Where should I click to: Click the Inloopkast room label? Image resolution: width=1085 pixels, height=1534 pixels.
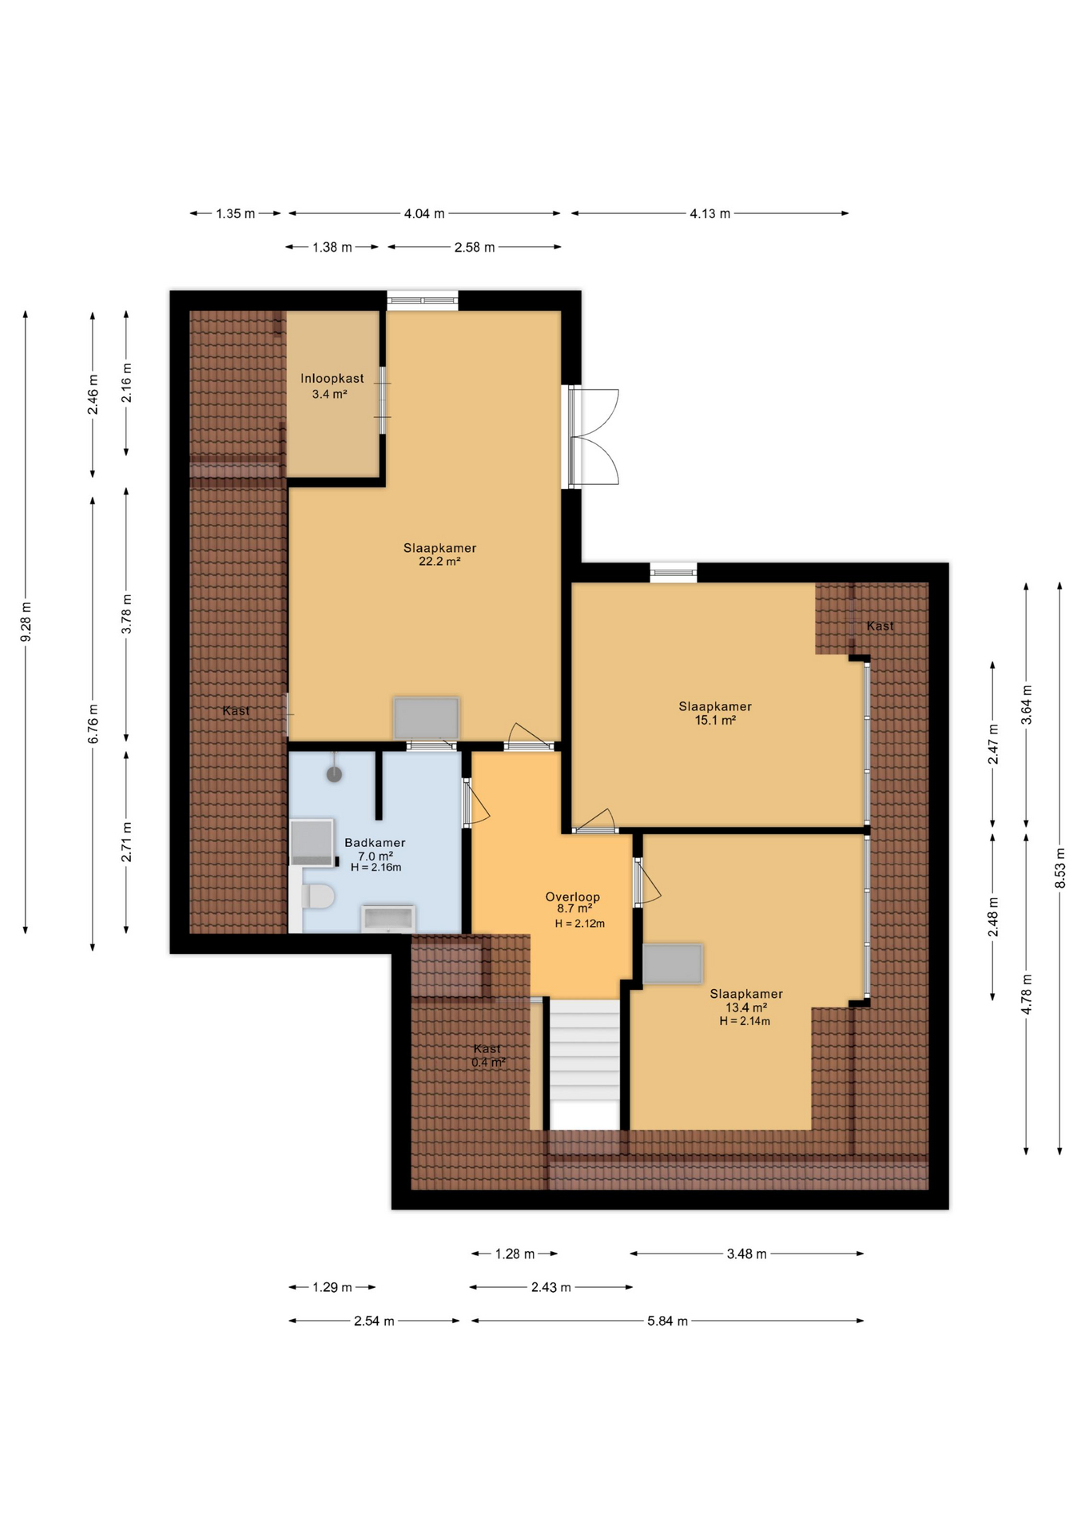click(x=332, y=379)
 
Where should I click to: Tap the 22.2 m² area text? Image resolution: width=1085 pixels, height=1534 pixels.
click(x=439, y=562)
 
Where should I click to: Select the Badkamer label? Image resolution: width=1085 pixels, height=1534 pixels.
click(x=375, y=843)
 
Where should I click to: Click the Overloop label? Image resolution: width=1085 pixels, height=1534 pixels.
click(x=573, y=897)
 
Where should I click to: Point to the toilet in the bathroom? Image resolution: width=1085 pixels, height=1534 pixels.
click(x=317, y=896)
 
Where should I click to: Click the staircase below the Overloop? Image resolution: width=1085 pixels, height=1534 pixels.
click(x=585, y=1063)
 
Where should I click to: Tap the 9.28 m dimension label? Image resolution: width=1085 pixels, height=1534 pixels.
click(x=26, y=622)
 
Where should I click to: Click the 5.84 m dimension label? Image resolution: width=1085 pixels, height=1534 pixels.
click(x=667, y=1321)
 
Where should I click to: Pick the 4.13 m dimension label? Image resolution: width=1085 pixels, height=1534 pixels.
click(x=709, y=214)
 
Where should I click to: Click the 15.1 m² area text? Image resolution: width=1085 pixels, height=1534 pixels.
click(x=715, y=720)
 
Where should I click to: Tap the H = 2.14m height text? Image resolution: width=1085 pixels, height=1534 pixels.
click(x=745, y=1021)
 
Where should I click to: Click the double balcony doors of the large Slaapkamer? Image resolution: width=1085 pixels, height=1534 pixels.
click(x=594, y=438)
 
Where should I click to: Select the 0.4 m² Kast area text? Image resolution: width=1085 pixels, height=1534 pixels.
click(x=488, y=1063)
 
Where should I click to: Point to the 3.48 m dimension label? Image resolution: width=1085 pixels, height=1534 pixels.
click(x=746, y=1254)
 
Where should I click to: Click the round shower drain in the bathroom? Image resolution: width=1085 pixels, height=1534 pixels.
click(x=335, y=774)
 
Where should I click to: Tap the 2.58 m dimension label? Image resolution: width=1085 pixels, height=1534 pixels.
click(x=475, y=248)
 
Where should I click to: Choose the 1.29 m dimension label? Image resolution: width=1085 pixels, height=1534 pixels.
click(x=332, y=1288)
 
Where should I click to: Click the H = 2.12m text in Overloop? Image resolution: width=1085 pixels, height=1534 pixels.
click(x=580, y=924)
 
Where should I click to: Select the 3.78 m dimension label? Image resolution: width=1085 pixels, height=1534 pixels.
click(x=126, y=614)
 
